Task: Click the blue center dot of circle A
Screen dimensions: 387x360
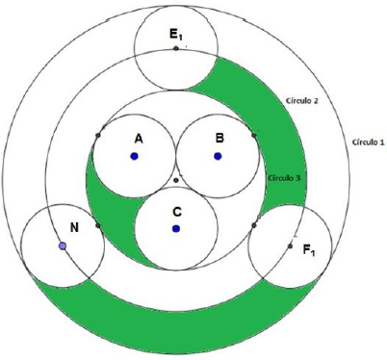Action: (134, 156)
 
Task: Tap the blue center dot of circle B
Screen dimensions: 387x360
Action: (218, 156)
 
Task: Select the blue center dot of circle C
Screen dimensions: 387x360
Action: (176, 228)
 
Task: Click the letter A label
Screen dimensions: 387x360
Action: (139, 139)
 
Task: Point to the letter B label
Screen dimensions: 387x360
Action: (219, 139)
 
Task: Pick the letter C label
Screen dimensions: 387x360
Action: (177, 212)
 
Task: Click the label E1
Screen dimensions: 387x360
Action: (176, 35)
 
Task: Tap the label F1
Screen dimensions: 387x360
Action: (309, 250)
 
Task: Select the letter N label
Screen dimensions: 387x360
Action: (74, 227)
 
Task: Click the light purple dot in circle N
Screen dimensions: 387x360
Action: (63, 246)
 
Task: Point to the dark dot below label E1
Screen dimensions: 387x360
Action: (176, 48)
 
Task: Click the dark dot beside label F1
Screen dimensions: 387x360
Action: (290, 246)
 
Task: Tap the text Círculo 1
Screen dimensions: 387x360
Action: (368, 141)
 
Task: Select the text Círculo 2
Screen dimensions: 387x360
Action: (302, 101)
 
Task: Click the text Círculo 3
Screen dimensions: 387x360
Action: (284, 178)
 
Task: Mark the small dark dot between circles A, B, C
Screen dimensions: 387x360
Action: (175, 180)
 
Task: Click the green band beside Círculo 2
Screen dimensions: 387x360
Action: (282, 128)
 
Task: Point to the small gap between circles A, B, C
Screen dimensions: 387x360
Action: (176, 175)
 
